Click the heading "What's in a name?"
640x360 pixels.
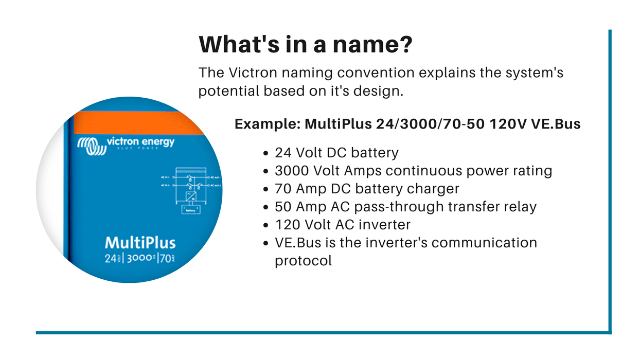click(305, 45)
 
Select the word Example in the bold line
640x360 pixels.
click(265, 124)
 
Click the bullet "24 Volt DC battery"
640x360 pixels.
click(336, 153)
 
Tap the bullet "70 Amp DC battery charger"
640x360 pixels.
click(367, 189)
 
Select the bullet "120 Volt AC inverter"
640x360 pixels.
click(343, 225)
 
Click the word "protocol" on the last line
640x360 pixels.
click(304, 260)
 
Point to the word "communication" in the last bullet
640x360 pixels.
click(485, 242)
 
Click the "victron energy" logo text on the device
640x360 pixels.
click(140, 142)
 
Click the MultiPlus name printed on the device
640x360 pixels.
click(140, 243)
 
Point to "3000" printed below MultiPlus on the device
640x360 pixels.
click(140, 259)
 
